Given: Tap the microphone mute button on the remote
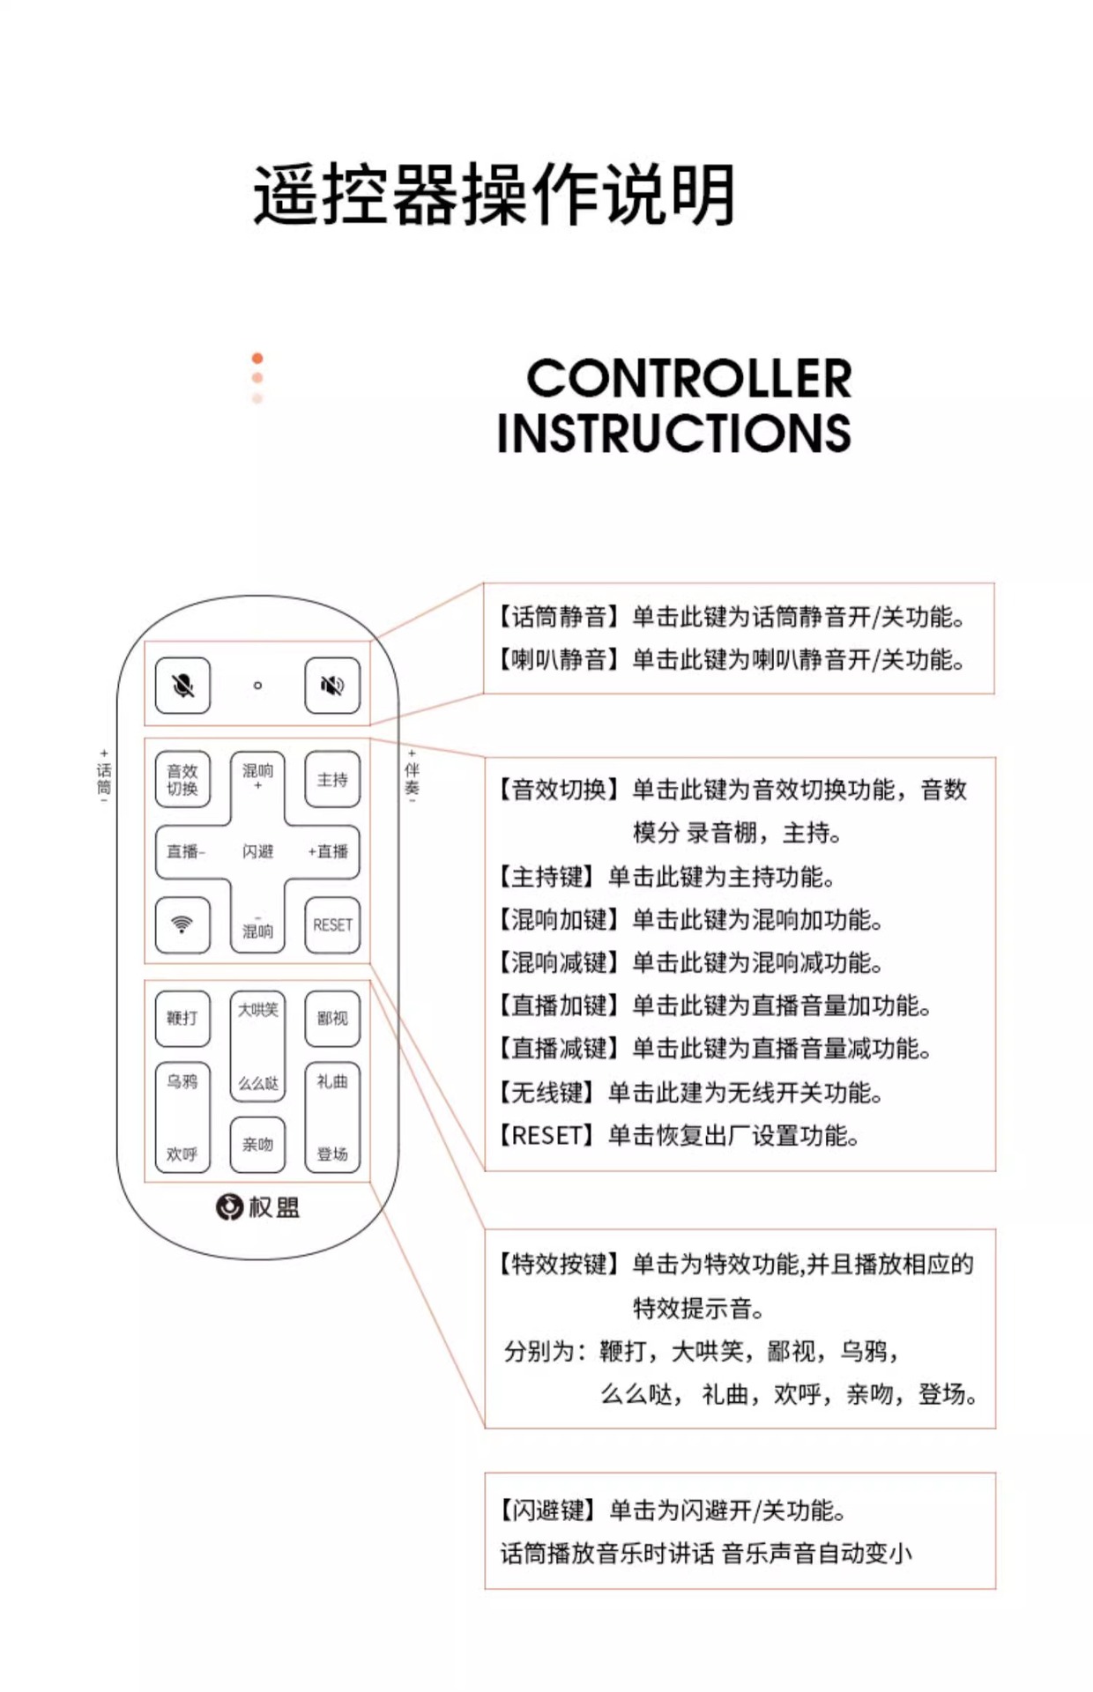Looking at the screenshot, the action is [x=182, y=685].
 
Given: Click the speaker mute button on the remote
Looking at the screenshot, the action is [x=332, y=685].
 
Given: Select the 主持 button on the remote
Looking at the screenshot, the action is [x=332, y=779].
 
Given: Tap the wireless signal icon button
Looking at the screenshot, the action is [x=182, y=924].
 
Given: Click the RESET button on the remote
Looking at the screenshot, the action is [x=332, y=924].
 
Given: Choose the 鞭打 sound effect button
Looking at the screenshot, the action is [x=182, y=1018].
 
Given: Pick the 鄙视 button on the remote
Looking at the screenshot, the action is [x=332, y=1018].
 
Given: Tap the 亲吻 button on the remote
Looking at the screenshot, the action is [x=257, y=1144].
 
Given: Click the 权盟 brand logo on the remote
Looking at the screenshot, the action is [x=257, y=1206].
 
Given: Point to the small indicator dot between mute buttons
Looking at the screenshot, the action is [x=257, y=685].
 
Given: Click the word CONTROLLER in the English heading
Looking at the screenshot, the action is [x=688, y=379].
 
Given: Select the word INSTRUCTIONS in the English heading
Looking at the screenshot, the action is [x=673, y=433].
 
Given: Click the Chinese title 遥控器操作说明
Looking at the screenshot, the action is [x=494, y=195].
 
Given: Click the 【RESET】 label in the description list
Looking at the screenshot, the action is [x=546, y=1135].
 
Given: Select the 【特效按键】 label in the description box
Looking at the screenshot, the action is [x=559, y=1265].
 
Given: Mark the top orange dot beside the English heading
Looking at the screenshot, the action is [x=257, y=358].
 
